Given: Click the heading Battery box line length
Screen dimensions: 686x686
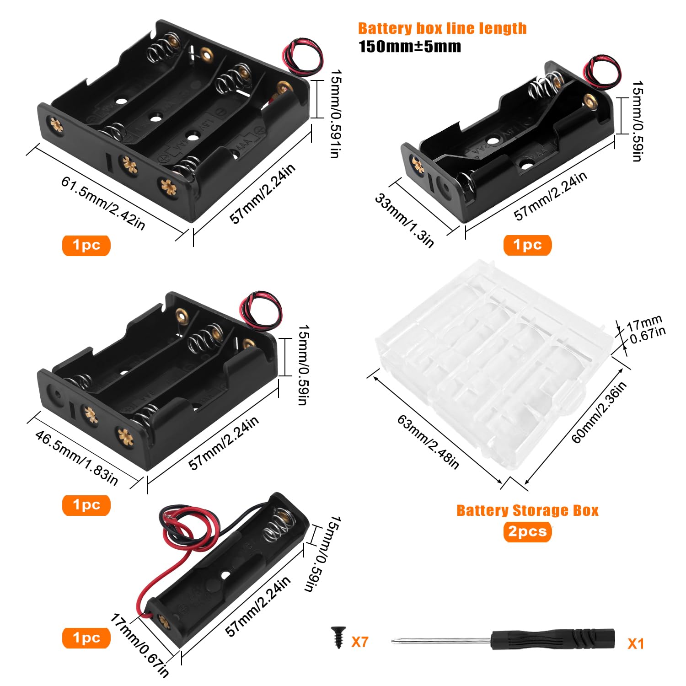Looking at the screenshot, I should pos(442,28).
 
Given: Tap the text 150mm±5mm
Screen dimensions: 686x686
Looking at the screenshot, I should pos(410,47).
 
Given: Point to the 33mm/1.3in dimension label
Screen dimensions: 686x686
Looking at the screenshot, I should pos(404,220).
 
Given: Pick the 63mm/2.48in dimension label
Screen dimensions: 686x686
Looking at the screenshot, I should pos(428,442).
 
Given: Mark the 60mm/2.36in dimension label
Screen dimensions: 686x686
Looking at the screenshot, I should pos(599,412).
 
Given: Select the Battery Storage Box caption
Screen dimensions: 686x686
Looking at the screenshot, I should pos(527,510).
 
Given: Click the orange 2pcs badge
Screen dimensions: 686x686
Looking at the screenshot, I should pos(527,531).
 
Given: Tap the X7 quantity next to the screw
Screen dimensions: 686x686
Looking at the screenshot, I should pos(360,642).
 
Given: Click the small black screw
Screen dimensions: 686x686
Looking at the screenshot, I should pos(339,637).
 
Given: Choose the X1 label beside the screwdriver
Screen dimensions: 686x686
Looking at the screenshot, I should pos(636,643).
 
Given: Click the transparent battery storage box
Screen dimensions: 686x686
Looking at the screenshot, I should pos(494,366).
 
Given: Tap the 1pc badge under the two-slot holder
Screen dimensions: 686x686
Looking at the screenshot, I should pos(527,245).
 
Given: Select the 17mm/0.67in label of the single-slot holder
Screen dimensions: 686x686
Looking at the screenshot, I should pos(140,645).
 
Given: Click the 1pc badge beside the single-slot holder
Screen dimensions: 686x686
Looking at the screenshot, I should pos(86,638).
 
